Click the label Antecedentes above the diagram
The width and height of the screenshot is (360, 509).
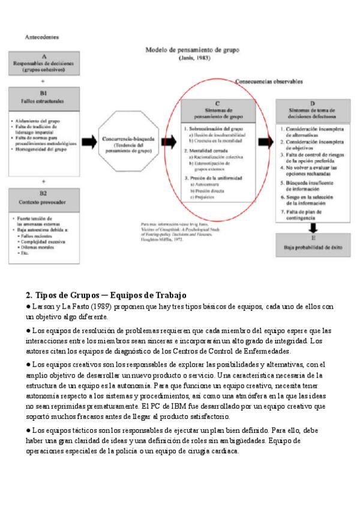pyautogui.click(x=41, y=37)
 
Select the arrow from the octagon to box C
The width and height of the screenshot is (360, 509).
pyautogui.click(x=169, y=142)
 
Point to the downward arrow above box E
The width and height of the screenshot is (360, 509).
pyautogui.click(x=313, y=227)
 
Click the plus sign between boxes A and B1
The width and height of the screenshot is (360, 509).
pyautogui.click(x=43, y=80)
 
